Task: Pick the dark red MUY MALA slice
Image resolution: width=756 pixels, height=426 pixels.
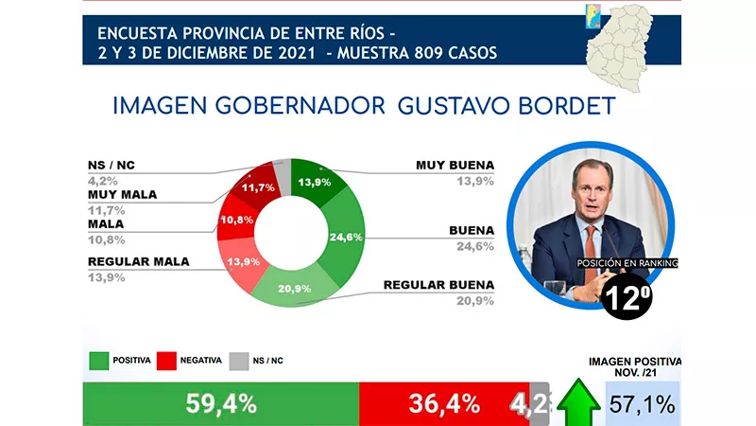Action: (258, 187)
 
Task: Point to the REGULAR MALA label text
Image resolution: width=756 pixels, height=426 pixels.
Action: (138, 261)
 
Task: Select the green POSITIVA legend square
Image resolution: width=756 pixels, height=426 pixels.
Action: (99, 360)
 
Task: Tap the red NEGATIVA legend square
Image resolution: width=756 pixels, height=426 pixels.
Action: (167, 360)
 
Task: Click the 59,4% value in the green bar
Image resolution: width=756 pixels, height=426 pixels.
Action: (219, 403)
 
